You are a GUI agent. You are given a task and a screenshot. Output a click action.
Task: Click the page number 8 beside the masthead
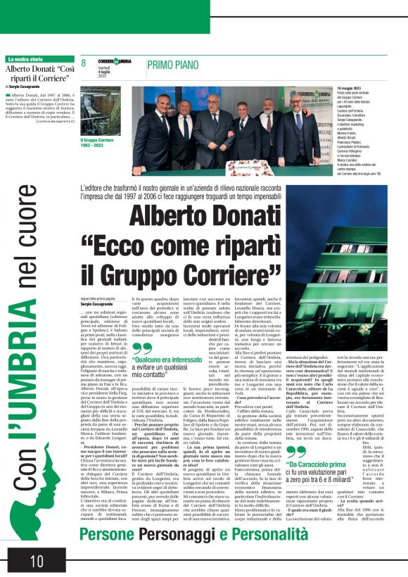pyautogui.click(x=84, y=64)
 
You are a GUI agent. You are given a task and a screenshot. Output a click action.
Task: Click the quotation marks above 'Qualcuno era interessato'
pyautogui.click(x=142, y=348)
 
